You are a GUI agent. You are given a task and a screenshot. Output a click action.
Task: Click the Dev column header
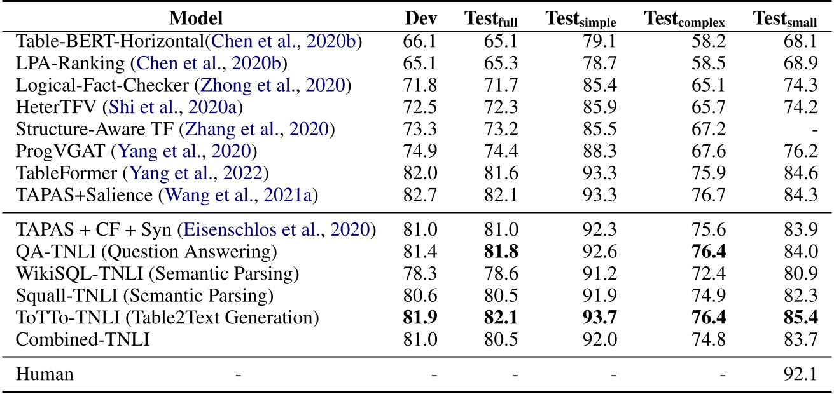(x=420, y=19)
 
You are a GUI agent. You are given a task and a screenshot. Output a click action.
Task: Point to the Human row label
(x=45, y=374)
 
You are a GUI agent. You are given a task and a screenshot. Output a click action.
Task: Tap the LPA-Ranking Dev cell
(x=420, y=64)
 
